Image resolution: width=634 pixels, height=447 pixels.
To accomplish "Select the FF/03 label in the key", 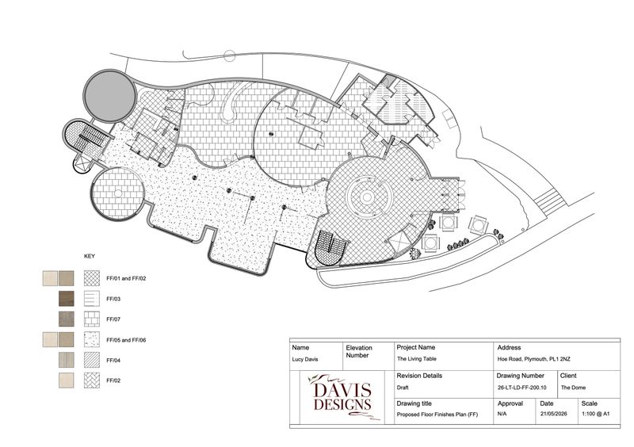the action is (113, 299).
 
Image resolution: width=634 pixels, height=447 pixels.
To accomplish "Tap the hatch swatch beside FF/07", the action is (92, 319).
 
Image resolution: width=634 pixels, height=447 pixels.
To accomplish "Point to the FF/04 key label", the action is (113, 360).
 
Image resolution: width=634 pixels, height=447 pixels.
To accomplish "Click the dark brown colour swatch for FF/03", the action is (67, 299).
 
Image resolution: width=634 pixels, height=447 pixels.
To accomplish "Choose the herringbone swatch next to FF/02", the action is (92, 380).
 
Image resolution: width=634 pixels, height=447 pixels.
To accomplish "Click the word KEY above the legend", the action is (90, 256).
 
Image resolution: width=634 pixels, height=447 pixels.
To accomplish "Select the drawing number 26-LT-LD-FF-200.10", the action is (521, 388).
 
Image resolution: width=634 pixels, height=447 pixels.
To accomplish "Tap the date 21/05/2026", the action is (553, 414).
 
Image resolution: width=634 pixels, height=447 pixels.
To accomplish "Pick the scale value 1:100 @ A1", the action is (596, 414).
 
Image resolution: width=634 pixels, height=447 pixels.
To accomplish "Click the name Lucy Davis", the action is (305, 359).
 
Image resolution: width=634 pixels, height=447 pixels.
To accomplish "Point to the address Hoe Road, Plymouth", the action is (533, 359).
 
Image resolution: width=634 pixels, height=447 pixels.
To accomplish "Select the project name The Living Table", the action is (417, 359).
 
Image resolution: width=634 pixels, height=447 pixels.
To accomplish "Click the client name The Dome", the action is (573, 388).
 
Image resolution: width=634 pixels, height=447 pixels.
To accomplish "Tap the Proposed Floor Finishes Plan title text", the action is (437, 415).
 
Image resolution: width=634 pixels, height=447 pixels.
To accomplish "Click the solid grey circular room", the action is (109, 96).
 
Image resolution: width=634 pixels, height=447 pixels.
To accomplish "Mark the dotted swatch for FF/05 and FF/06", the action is (92, 339).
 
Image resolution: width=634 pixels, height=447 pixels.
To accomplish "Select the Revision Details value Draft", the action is (403, 388).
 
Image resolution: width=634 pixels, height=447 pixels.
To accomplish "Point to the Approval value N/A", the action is (502, 414).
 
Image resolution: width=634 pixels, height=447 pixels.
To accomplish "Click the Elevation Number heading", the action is (359, 352).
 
